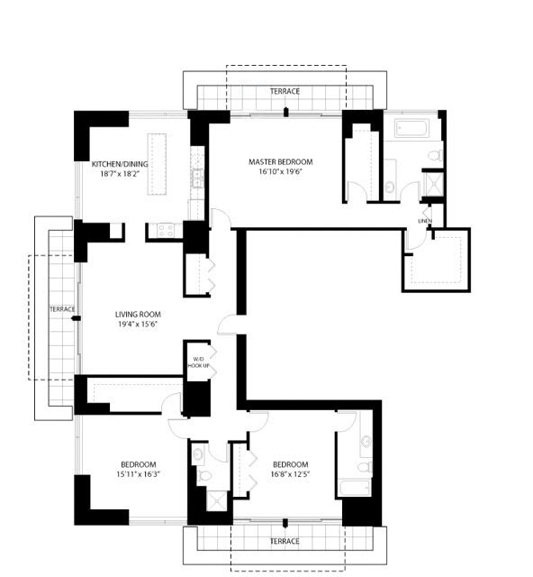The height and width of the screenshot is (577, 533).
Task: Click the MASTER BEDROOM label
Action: [281, 161]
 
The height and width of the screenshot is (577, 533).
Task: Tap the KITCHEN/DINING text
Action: [120, 164]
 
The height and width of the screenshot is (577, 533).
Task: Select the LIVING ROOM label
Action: [138, 315]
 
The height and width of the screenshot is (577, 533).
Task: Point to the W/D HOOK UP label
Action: [198, 362]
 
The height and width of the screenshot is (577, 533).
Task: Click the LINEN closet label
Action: [425, 221]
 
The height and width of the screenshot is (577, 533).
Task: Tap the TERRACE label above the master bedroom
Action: [285, 91]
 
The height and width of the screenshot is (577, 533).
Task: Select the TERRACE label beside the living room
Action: [62, 309]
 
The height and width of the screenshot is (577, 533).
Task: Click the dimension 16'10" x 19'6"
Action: [281, 171]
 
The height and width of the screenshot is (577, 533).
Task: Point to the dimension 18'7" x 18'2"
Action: [120, 174]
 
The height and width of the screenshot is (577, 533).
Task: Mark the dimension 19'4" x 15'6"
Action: [138, 325]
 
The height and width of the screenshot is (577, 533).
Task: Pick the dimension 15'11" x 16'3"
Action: [139, 474]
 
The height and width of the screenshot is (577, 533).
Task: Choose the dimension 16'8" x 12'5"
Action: [290, 474]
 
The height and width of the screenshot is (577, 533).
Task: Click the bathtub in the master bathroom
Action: [411, 128]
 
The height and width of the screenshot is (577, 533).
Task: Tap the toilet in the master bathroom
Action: [436, 155]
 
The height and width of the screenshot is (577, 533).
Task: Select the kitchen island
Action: [157, 164]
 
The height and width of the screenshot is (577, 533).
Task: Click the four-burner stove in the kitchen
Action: [166, 231]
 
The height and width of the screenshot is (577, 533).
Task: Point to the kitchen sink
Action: [198, 179]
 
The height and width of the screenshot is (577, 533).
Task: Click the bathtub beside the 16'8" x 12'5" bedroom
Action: [355, 488]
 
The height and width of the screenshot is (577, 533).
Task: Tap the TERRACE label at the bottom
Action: [285, 541]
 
